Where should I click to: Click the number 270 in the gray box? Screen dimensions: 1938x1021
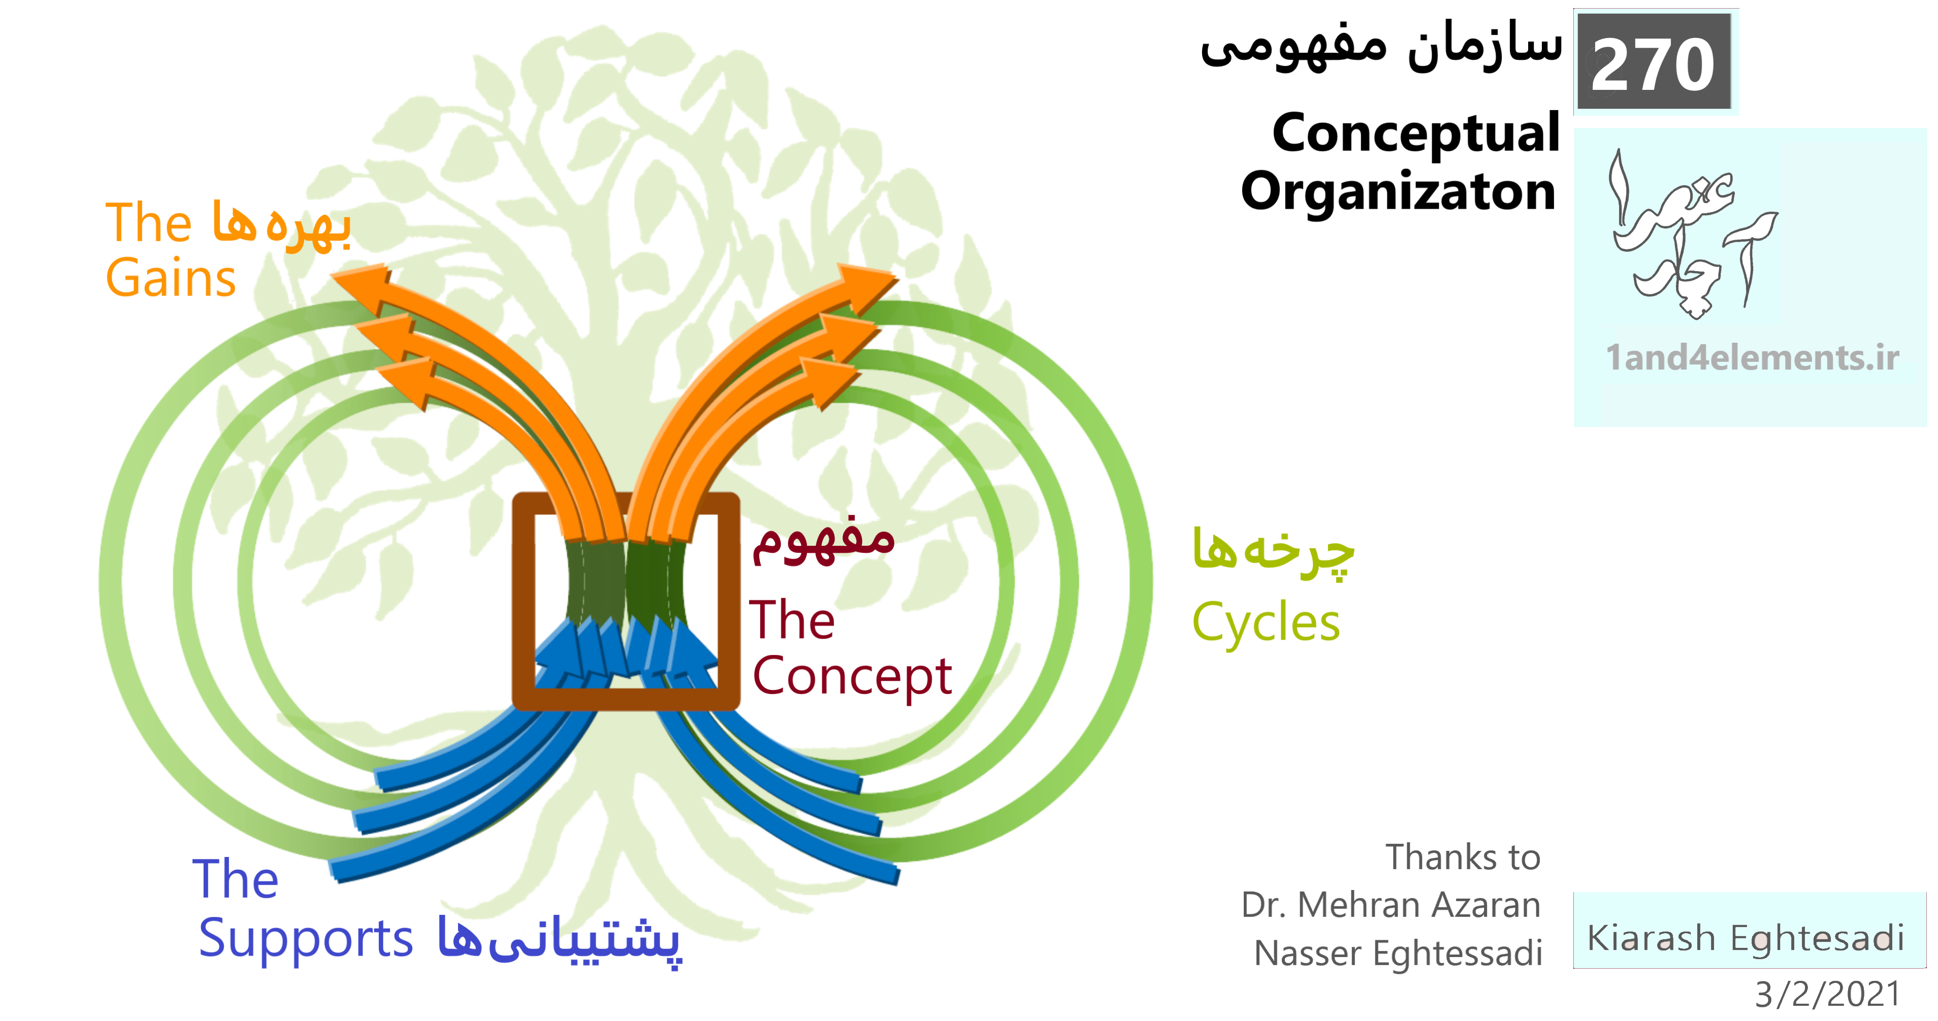[x=1653, y=65]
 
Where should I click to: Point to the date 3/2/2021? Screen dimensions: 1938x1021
[x=1827, y=994]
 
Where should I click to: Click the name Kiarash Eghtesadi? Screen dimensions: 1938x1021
[x=1746, y=938]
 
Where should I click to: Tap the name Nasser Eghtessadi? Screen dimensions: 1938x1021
[x=1398, y=953]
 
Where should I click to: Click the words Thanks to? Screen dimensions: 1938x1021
[x=1463, y=857]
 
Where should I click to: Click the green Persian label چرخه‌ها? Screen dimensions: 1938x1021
[x=1273, y=550]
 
